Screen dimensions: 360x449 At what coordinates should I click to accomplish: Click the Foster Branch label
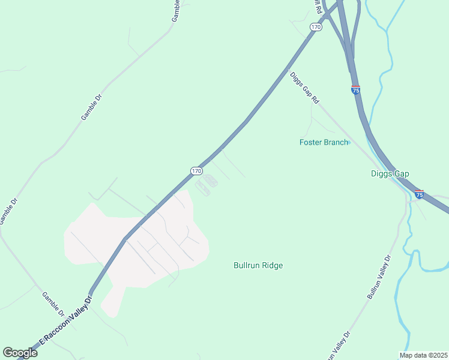(x=324, y=142)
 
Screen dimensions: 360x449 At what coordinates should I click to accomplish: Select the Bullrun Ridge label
(x=258, y=265)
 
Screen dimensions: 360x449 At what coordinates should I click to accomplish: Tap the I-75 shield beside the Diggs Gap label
(x=419, y=194)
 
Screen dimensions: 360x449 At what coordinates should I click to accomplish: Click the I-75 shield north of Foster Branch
(x=356, y=89)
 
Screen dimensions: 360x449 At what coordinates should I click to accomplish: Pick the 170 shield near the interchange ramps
(x=316, y=27)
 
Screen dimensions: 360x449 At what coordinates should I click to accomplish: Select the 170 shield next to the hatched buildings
(x=196, y=171)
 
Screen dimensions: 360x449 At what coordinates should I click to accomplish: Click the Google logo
(x=20, y=353)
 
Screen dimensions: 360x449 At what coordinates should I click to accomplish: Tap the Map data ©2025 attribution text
(x=423, y=355)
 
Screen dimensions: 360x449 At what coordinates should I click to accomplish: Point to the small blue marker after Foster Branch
(x=349, y=142)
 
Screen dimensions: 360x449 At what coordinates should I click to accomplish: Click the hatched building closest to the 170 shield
(x=209, y=179)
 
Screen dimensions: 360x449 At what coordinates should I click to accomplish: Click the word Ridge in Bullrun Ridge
(x=272, y=265)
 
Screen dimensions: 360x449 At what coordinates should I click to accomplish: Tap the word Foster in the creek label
(x=311, y=142)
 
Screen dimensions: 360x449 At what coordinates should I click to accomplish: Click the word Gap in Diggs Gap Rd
(x=306, y=91)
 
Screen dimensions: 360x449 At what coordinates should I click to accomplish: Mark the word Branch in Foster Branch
(x=336, y=142)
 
